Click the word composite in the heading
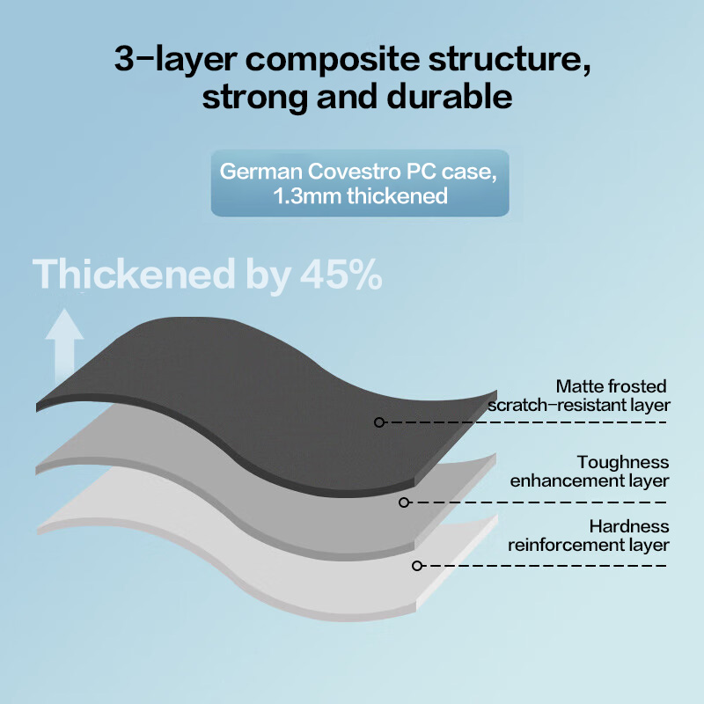click(x=333, y=60)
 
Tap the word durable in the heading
click(x=449, y=97)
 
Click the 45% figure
click(x=341, y=274)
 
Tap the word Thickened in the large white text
click(x=134, y=274)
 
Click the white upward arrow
click(x=64, y=346)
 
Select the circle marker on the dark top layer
click(x=379, y=422)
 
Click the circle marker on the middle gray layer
click(x=404, y=502)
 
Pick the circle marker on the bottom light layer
click(x=416, y=566)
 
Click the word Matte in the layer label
click(x=576, y=386)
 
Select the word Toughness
click(x=623, y=462)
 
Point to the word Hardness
click(x=629, y=526)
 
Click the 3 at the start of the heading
click(x=124, y=58)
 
